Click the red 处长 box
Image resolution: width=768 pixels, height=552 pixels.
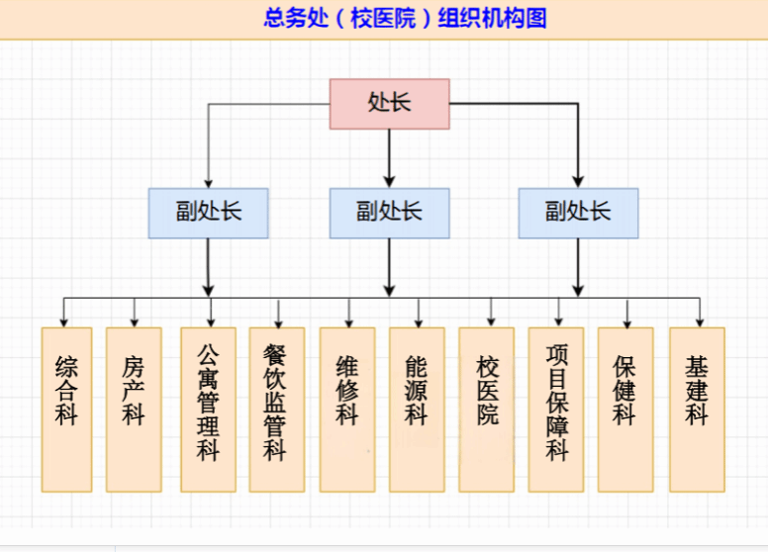point(389,104)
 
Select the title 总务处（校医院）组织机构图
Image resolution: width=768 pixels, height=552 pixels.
point(405,19)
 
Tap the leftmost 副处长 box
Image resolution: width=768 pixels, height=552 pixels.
point(208,213)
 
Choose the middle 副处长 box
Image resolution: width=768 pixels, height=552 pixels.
point(389,213)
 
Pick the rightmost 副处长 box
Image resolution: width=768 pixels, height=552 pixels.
point(578,213)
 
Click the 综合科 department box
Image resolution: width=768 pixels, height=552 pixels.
point(66,410)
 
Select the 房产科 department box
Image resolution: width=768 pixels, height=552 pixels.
point(134,410)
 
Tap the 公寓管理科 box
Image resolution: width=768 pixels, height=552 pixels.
point(208,410)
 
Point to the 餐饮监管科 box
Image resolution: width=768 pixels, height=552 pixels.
point(276,410)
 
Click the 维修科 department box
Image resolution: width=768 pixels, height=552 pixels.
point(347,410)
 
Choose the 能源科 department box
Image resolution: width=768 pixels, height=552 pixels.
point(417,410)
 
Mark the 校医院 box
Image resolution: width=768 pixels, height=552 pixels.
point(487,410)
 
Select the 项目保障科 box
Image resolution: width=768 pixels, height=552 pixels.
point(556,410)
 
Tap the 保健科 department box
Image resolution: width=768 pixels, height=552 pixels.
point(625,410)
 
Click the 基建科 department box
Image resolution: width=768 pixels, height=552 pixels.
point(697,410)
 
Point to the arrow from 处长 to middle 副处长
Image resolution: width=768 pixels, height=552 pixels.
point(389,158)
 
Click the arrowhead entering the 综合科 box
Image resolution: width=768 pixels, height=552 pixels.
point(64,322)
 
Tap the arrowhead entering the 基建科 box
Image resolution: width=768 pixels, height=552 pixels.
point(699,322)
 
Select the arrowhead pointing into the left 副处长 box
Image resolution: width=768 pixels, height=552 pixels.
point(208,182)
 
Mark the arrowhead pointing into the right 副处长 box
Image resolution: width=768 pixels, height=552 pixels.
point(578,181)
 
